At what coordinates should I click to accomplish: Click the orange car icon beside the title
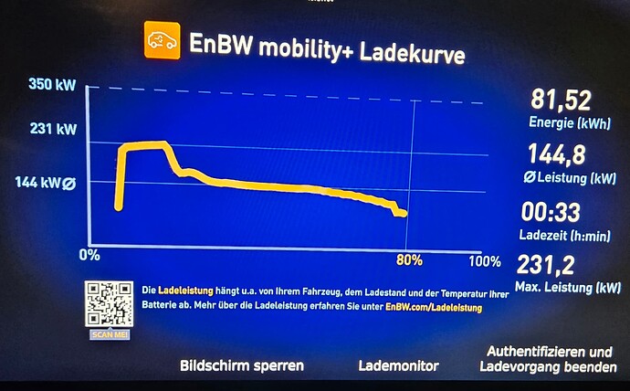point(162,41)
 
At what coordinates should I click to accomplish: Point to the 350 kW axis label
point(53,87)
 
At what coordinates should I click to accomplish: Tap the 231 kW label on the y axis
point(53,129)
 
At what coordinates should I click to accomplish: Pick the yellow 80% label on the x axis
point(410,259)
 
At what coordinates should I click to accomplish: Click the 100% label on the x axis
point(483,261)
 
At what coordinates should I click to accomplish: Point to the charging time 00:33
point(551,212)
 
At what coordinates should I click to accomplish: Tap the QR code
point(110,303)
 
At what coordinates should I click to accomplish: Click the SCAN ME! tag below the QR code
point(109,334)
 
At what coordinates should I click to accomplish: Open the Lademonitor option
point(398,365)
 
